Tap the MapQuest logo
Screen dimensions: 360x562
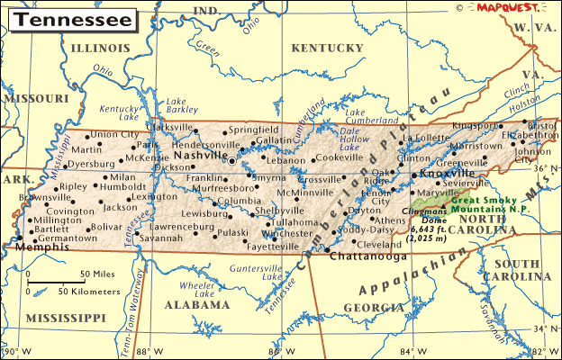(x=508, y=7)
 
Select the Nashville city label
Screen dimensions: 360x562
(x=199, y=156)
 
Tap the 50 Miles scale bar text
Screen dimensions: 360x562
(x=98, y=274)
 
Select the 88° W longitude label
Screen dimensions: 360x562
(x=149, y=351)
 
